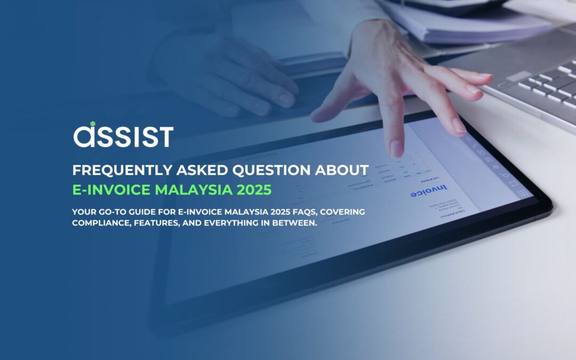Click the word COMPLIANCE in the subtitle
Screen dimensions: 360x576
pos(100,222)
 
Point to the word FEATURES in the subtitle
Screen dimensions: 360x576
pos(155,222)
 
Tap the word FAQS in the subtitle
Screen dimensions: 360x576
pos(280,212)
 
